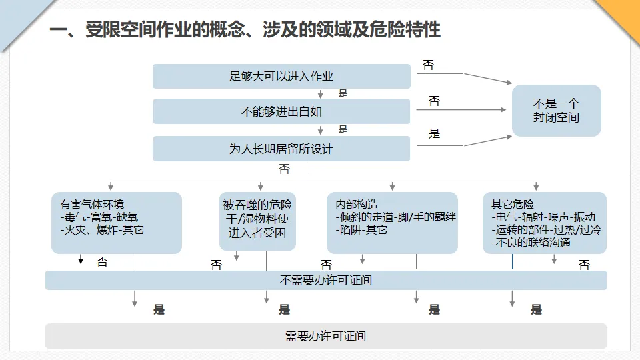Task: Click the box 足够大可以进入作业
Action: (x=281, y=76)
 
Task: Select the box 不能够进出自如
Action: (x=281, y=111)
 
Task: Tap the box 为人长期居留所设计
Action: (x=281, y=149)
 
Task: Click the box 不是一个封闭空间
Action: (x=556, y=111)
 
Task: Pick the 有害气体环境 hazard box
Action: (x=116, y=223)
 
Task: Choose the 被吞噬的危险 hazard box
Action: (x=257, y=221)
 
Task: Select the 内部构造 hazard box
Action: (x=392, y=223)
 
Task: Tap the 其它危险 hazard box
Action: (x=545, y=223)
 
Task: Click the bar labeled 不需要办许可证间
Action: (x=326, y=281)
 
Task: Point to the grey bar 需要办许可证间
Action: (x=326, y=336)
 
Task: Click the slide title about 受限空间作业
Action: (x=245, y=30)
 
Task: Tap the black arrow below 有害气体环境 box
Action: (x=81, y=259)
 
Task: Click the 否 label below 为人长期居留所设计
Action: (x=285, y=169)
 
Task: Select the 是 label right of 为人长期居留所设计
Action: (x=434, y=133)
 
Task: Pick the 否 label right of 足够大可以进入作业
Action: (x=428, y=65)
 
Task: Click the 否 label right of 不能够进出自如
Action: (x=434, y=101)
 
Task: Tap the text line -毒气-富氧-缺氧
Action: (x=99, y=217)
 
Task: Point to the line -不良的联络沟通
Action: (x=531, y=243)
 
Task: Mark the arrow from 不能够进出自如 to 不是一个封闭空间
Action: (x=461, y=110)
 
